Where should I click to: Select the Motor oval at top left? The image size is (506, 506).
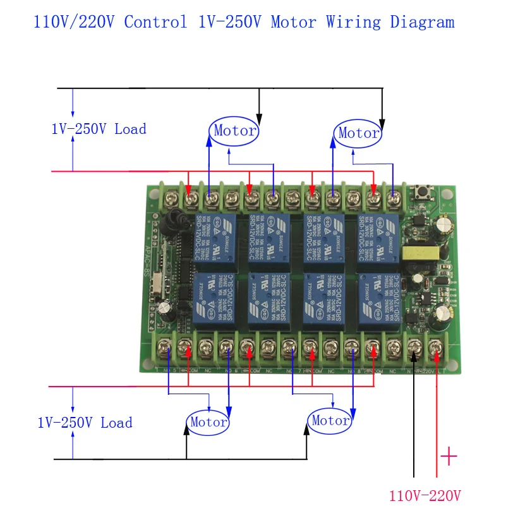pyautogui.click(x=234, y=131)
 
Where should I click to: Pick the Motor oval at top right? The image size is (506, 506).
pyautogui.click(x=358, y=133)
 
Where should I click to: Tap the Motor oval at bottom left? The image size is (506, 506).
pyautogui.click(x=208, y=422)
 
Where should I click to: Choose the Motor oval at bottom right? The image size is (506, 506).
pyautogui.click(x=330, y=420)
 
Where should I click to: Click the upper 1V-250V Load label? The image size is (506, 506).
pyautogui.click(x=99, y=129)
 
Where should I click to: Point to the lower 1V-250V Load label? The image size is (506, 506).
pyautogui.click(x=85, y=423)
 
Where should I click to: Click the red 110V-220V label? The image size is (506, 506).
pyautogui.click(x=425, y=495)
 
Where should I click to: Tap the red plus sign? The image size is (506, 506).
pyautogui.click(x=449, y=456)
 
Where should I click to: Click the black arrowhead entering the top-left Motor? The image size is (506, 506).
pyautogui.click(x=259, y=118)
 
